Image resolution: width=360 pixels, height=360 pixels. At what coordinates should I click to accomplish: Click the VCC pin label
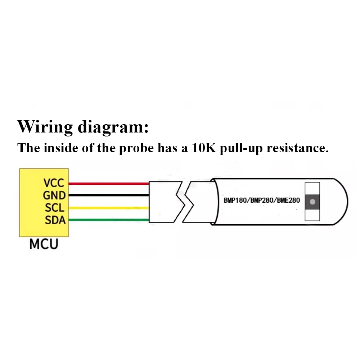point(54,183)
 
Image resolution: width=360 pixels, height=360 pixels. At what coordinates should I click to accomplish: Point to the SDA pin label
point(55,220)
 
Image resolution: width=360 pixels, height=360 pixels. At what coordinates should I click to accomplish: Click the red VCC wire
point(108,184)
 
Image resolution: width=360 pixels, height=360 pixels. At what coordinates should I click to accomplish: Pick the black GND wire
point(108,195)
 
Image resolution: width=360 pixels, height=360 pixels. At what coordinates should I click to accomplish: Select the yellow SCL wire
point(108,208)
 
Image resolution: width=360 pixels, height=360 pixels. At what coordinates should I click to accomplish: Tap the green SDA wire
point(108,220)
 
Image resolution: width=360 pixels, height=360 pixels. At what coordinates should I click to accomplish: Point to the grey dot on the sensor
point(312,202)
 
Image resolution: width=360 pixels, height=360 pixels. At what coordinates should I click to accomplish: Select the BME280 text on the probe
point(288,200)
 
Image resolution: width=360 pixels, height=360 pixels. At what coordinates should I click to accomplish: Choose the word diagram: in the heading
point(112,127)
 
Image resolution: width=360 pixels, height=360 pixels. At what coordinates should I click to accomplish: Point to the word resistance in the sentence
point(297,148)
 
